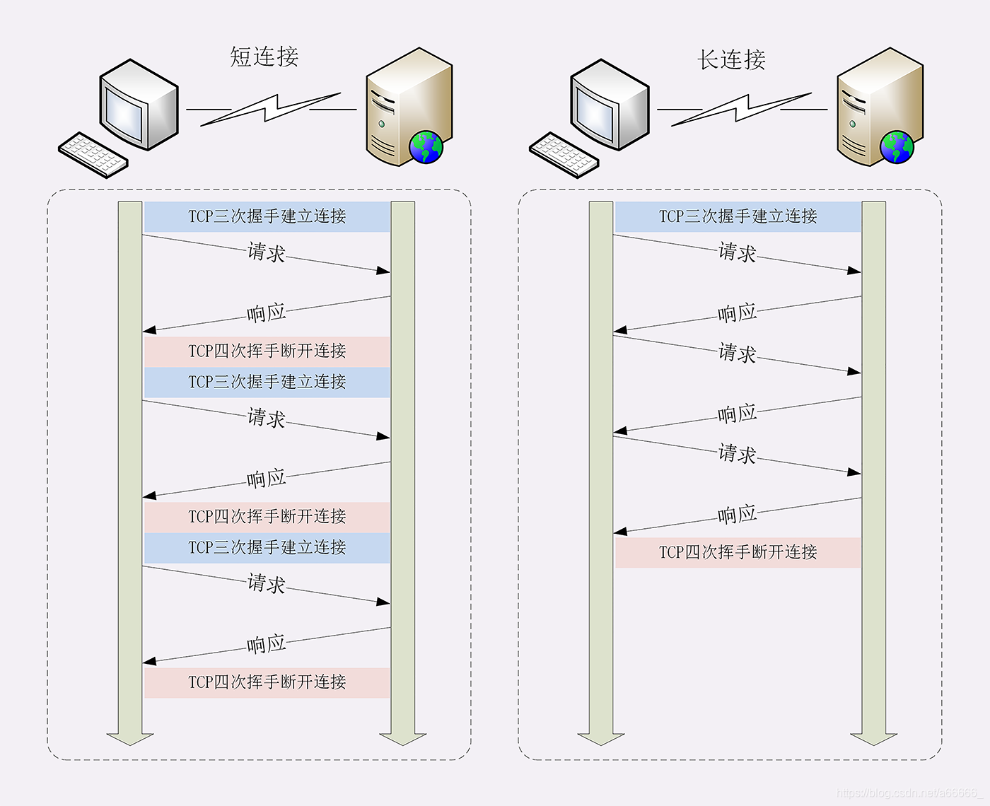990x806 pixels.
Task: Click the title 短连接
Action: click(x=264, y=57)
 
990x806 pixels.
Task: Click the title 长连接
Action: click(x=731, y=59)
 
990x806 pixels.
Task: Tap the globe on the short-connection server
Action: click(x=426, y=147)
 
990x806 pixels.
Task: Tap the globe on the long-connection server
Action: click(x=897, y=147)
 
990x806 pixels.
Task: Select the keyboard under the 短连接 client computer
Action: click(x=93, y=155)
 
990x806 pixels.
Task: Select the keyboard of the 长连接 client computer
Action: click(x=564, y=155)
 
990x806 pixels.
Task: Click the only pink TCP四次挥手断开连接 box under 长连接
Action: click(x=738, y=552)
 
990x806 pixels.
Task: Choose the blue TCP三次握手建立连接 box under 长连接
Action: click(x=738, y=216)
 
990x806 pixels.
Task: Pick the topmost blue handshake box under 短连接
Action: click(x=267, y=216)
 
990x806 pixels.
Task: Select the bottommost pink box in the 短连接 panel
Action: click(x=267, y=682)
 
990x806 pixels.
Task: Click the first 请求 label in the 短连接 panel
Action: click(x=266, y=252)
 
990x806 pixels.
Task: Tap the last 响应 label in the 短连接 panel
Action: click(x=266, y=644)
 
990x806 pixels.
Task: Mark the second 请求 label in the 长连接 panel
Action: click(x=737, y=353)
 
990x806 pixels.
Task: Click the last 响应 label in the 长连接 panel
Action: click(x=737, y=515)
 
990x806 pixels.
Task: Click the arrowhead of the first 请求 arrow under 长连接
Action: click(x=854, y=270)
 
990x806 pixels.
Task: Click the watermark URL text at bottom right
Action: click(x=907, y=793)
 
